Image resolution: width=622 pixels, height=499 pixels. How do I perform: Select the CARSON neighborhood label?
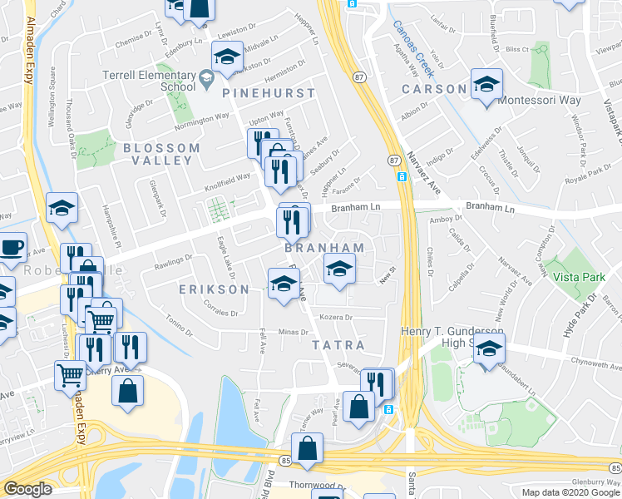(433, 89)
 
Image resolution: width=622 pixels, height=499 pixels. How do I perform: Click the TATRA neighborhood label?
(338, 344)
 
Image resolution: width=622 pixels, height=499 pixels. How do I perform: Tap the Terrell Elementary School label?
(149, 81)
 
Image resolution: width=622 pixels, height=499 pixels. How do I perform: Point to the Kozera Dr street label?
(337, 317)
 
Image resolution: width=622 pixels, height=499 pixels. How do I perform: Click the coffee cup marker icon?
(12, 248)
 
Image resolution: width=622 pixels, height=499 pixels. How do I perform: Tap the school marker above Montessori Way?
(486, 84)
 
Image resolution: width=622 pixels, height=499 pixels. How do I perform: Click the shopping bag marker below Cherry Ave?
(127, 391)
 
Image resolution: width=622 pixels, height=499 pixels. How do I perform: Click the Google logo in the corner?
(27, 489)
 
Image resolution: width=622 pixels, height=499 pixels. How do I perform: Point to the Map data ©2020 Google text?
(570, 492)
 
